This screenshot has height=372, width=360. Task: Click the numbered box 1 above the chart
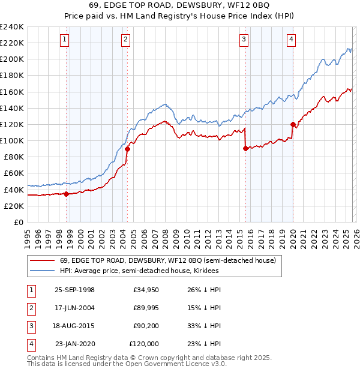pyautogui.click(x=64, y=40)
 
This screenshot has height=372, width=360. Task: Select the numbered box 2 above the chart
pyautogui.click(x=125, y=40)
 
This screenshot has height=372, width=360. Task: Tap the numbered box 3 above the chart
pyautogui.click(x=244, y=40)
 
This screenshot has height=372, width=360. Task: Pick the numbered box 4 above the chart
pyautogui.click(x=291, y=40)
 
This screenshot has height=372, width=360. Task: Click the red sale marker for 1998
pyautogui.click(x=66, y=193)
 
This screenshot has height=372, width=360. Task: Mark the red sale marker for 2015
pyautogui.click(x=245, y=149)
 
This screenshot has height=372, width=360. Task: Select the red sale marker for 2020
pyautogui.click(x=293, y=125)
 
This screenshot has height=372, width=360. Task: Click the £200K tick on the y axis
pyautogui.click(x=11, y=59)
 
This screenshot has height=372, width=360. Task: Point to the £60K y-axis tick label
pyautogui.click(x=13, y=173)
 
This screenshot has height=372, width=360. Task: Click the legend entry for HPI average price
pyautogui.click(x=139, y=271)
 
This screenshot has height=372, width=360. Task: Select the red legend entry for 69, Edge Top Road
pyautogui.click(x=167, y=261)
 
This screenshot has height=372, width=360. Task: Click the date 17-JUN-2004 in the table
pyautogui.click(x=74, y=308)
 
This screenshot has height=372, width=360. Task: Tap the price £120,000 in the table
pyautogui.click(x=144, y=344)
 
